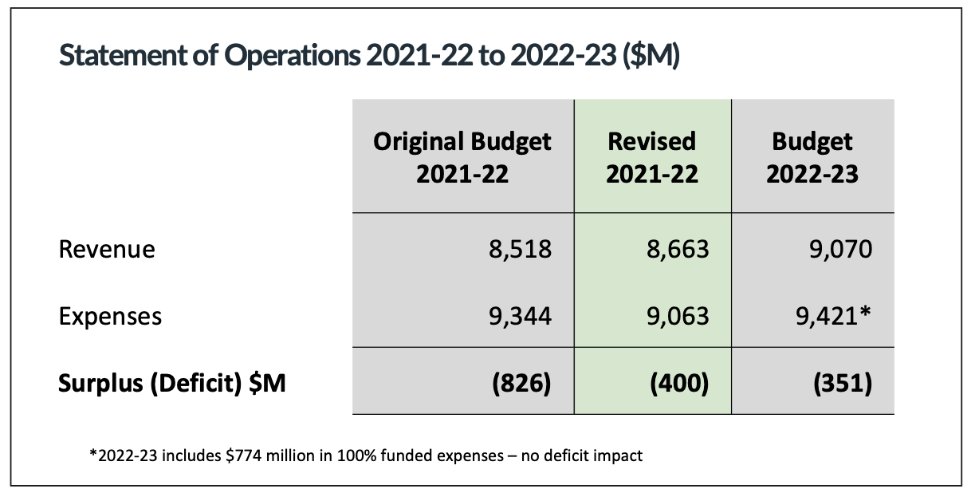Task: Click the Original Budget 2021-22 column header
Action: tap(462, 157)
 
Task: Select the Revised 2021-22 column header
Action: tap(652, 157)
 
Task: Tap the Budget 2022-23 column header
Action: tap(812, 157)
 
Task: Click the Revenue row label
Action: tap(107, 250)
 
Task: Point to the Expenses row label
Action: tap(110, 316)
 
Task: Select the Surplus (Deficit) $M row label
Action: tap(172, 383)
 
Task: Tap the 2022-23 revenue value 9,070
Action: tap(839, 250)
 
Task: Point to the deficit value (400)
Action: tap(678, 383)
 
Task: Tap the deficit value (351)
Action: tap(841, 383)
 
